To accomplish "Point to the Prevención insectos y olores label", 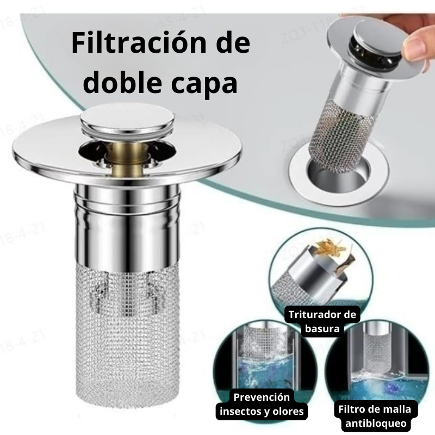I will point(262,404).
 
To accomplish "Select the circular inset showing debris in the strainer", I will point(321,272).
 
